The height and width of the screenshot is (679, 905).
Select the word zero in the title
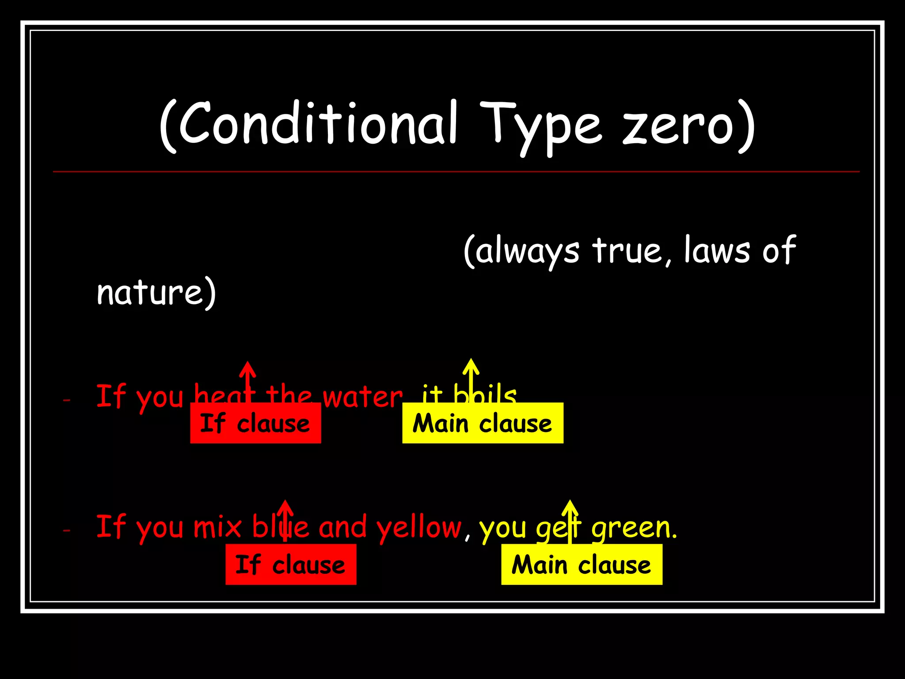click(x=678, y=126)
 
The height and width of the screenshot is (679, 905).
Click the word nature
click(x=150, y=293)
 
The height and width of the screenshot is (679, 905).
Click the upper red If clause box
click(x=255, y=423)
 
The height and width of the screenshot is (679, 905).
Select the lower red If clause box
click(x=291, y=565)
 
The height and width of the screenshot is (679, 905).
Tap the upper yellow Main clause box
click(x=483, y=423)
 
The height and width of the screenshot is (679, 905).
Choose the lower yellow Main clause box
click(x=582, y=565)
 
